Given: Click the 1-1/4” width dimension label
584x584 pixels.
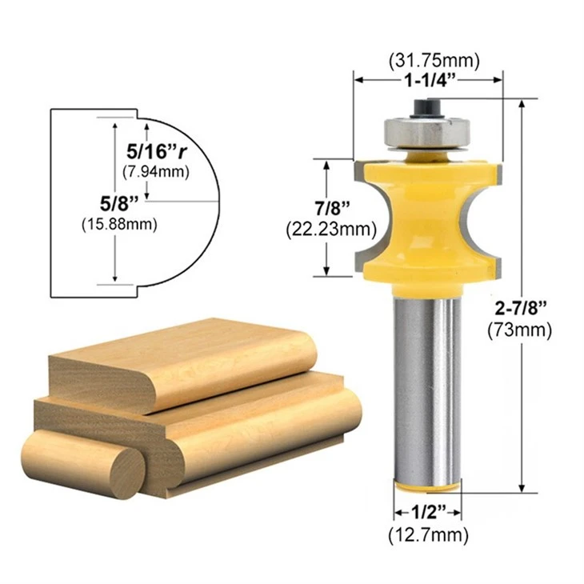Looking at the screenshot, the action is point(430,80).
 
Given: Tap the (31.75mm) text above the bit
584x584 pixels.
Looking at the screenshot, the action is point(434,60).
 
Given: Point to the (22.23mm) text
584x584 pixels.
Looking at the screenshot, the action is point(331,229).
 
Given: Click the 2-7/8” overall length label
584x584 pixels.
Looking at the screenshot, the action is point(521,308).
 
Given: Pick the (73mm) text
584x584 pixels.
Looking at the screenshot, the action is point(520,330).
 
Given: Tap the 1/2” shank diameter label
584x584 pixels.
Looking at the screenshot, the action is point(429,513).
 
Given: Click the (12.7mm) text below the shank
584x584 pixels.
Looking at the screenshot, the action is point(428,535).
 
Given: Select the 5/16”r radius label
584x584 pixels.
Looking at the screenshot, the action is point(157,151).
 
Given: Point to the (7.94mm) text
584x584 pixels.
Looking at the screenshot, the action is point(156,172).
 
